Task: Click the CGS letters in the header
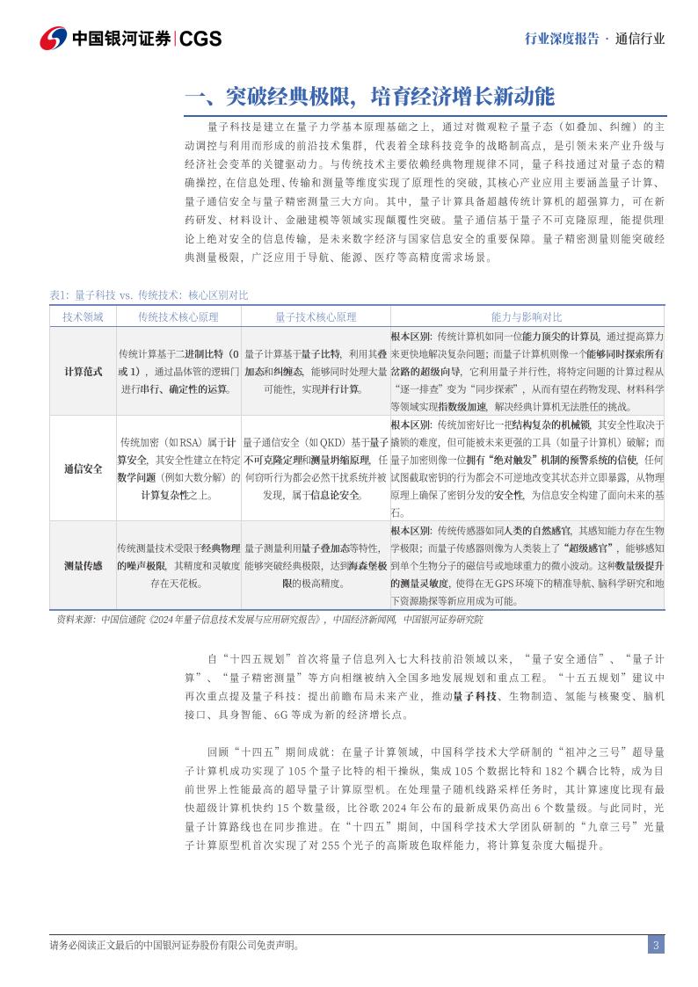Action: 201,39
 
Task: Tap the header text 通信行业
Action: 640,39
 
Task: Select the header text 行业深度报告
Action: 561,39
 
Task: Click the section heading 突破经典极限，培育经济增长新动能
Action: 369,95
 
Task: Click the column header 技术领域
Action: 83,316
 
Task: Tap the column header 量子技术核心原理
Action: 316,316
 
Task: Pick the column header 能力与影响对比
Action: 526,316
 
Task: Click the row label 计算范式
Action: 83,371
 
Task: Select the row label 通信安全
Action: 83,468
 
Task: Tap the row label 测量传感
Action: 83,565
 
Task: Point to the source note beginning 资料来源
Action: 269,619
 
